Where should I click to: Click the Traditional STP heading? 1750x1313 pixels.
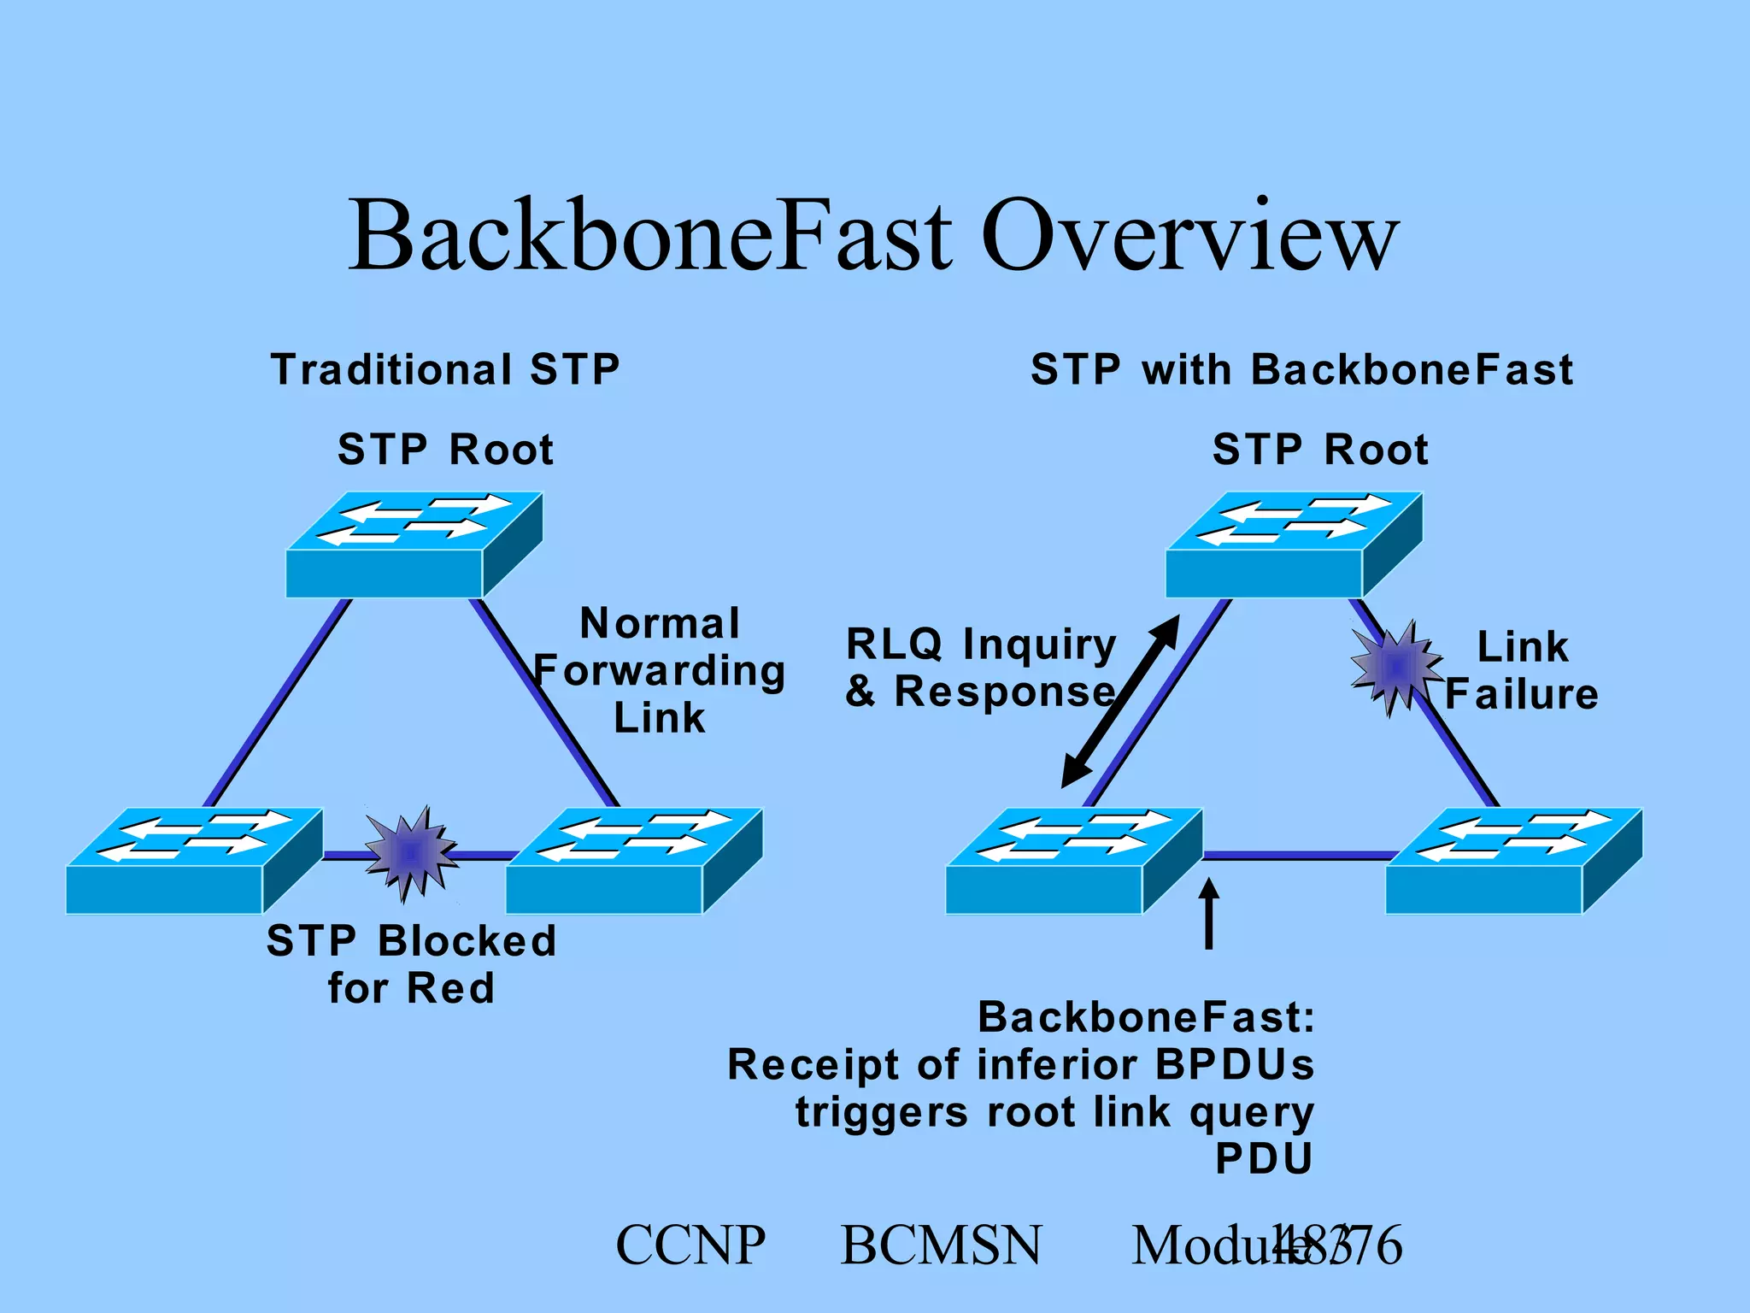pos(445,370)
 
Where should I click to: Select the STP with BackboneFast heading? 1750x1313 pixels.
pos(1301,370)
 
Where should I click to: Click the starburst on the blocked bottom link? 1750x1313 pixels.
pos(411,852)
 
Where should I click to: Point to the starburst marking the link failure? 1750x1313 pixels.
pos(1396,666)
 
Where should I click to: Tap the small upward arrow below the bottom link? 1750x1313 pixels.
pos(1209,915)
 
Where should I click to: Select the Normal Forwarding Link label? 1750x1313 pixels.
pos(659,671)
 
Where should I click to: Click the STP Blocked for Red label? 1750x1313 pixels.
pos(411,964)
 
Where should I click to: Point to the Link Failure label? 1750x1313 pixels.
pos(1522,671)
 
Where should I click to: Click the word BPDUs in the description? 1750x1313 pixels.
pos(1234,1065)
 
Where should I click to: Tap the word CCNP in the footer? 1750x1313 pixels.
pos(690,1245)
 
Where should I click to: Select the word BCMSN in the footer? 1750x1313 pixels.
pos(941,1245)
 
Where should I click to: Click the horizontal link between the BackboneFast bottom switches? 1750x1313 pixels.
pos(1295,854)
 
